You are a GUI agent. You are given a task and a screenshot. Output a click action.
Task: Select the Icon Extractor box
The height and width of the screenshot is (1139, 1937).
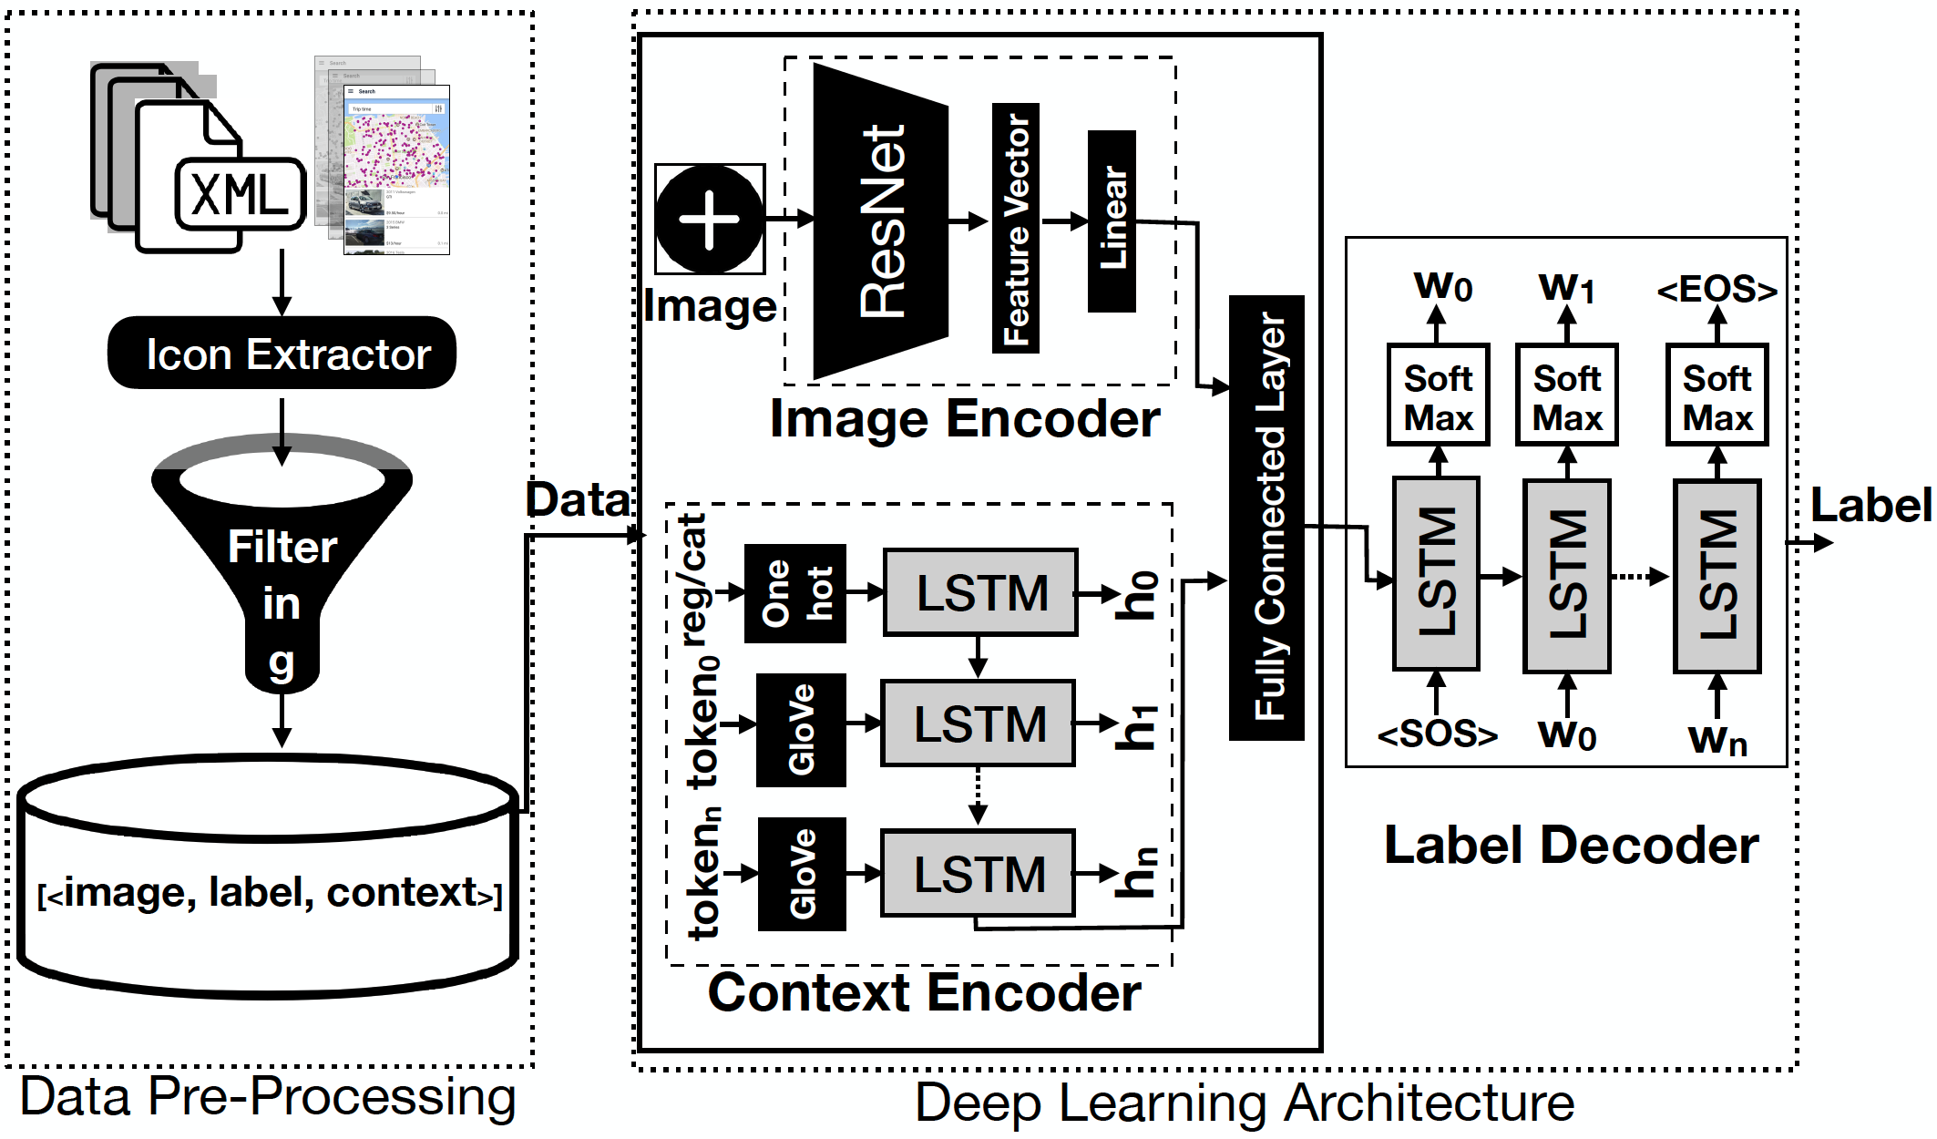(282, 354)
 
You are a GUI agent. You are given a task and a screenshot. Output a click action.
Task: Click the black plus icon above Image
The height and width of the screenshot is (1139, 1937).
(710, 220)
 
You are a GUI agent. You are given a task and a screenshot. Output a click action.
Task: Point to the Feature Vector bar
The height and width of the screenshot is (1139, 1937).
(1016, 228)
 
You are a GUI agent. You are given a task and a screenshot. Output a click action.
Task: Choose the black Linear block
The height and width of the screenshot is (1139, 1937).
(1112, 221)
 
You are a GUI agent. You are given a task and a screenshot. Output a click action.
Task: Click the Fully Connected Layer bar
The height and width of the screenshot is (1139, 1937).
(1266, 518)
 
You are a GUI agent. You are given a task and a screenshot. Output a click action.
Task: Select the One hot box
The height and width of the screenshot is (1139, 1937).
(795, 593)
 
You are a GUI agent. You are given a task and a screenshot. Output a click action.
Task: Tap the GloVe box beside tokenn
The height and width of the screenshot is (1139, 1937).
(802, 874)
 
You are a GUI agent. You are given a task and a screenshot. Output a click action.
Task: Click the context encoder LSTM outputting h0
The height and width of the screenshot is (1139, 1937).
(981, 593)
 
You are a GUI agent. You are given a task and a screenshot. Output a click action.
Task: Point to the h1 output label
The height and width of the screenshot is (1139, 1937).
(1139, 726)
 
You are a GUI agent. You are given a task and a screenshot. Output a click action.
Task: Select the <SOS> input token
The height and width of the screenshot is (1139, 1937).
(1437, 734)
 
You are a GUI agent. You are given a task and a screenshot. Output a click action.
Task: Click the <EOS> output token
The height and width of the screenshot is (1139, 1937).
(1717, 291)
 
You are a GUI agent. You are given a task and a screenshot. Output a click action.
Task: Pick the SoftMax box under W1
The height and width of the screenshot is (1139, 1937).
(1567, 395)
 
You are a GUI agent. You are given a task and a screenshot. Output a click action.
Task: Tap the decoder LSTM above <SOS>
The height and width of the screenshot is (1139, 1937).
(1437, 574)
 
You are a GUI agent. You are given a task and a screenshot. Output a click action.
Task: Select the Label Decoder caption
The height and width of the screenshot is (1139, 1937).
(1571, 846)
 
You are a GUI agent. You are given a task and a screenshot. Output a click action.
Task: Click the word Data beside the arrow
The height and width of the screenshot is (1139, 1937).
(578, 500)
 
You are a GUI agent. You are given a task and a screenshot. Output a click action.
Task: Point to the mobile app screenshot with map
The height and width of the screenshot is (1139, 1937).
(396, 169)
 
